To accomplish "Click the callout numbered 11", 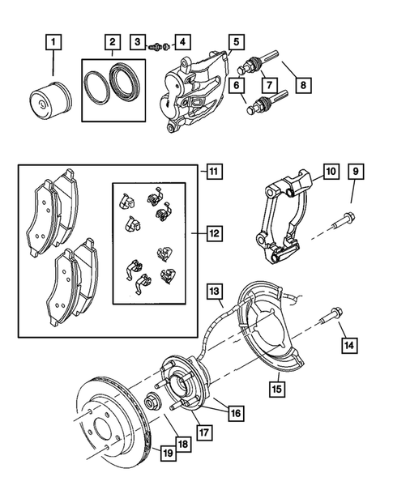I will (212, 172).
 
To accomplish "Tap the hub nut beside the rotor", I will (151, 402).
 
